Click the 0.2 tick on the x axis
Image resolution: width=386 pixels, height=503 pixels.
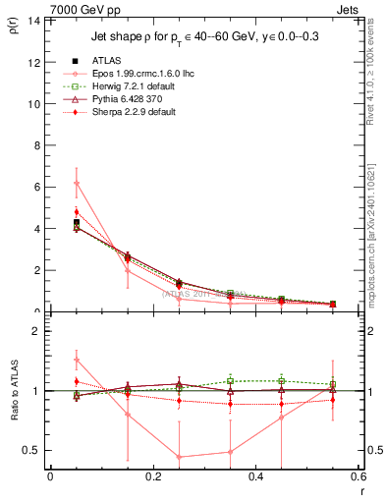pyautogui.click(x=153, y=476)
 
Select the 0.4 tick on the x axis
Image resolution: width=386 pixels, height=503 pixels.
pyautogui.click(x=256, y=476)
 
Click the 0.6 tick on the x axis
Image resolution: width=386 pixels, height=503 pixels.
pyautogui.click(x=359, y=476)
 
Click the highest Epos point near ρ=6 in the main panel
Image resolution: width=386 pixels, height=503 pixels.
pyautogui.click(x=77, y=183)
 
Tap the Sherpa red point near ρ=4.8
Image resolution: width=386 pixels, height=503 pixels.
pyautogui.click(x=77, y=212)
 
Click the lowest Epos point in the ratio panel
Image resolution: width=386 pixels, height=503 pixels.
pyautogui.click(x=179, y=457)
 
